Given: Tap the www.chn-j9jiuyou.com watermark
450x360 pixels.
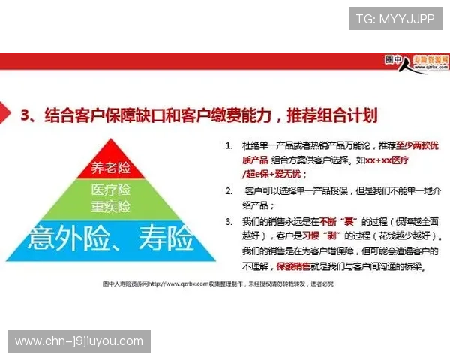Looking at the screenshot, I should (x=79, y=341).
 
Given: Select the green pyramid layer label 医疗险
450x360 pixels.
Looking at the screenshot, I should (x=111, y=190).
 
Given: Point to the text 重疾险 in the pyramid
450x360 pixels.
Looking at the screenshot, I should (x=111, y=206).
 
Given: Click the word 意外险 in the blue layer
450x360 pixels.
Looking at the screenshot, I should (x=69, y=239).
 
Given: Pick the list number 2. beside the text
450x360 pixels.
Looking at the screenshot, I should (x=229, y=191).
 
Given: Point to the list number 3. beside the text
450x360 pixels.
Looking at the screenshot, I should (x=229, y=221).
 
